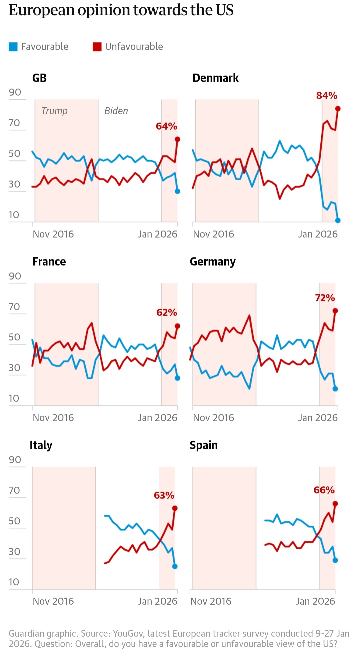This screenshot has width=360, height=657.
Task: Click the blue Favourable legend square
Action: click(x=13, y=47)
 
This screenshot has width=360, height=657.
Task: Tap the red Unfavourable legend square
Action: click(x=97, y=47)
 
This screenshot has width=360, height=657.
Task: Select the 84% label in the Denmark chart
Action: click(x=327, y=96)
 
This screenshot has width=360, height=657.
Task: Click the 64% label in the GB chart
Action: click(x=166, y=127)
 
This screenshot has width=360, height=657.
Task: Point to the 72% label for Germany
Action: click(x=325, y=298)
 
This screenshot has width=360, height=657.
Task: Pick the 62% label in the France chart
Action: click(x=167, y=313)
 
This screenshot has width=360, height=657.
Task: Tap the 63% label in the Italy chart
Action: click(x=164, y=496)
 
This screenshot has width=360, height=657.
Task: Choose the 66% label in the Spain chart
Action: click(x=324, y=490)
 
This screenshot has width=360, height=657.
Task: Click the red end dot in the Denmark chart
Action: click(x=338, y=109)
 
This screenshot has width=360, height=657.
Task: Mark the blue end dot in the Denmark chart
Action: click(x=338, y=220)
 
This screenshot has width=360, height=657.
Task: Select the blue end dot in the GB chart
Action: click(x=177, y=191)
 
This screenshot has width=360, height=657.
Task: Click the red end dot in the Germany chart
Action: click(x=335, y=311)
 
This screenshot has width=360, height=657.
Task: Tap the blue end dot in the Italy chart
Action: click(x=175, y=566)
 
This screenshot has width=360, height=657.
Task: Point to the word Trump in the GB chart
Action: click(x=54, y=111)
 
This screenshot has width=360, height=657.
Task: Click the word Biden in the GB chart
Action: click(x=116, y=111)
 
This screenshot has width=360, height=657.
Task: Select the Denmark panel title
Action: click(x=215, y=78)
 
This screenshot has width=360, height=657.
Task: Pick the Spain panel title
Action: click(x=203, y=445)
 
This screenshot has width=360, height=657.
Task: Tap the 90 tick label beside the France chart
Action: click(x=15, y=276)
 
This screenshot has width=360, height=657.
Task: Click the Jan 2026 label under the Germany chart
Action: click(x=318, y=418)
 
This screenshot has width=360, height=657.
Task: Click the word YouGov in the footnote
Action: click(x=128, y=633)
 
